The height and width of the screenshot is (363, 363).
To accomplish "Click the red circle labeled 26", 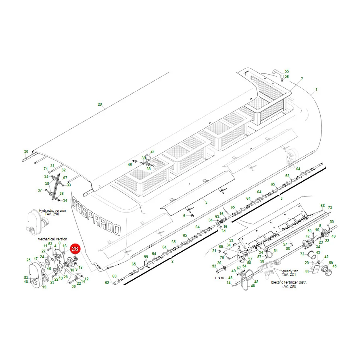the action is coord(75,249).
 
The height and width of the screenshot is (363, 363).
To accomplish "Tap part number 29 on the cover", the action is coord(100,104).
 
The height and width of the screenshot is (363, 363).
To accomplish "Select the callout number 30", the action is coord(26,152).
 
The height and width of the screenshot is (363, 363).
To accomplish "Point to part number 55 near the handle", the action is coord(287,71).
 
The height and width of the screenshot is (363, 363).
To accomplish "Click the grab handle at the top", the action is coord(278,74).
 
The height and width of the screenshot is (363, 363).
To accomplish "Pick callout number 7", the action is coord(302,79).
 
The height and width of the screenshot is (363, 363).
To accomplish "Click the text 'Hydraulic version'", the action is coord(52,211).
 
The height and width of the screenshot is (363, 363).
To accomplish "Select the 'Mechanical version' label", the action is coord(52,239).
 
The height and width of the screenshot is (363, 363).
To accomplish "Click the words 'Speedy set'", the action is coord(289,271).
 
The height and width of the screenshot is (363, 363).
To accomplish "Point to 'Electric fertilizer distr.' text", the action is coord(289,282).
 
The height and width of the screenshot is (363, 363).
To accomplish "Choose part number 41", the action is coord(152,152).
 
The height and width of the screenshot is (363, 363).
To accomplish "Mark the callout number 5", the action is coord(206,202).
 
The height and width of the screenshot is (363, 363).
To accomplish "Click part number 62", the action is coord(107,283).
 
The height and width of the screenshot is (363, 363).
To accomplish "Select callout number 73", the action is coord(330,208).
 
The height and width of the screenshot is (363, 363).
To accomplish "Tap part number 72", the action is coord(302,254).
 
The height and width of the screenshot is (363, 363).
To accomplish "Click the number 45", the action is coord(334,266).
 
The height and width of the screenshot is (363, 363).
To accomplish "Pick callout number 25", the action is coord(29,260).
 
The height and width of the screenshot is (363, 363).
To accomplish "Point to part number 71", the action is coord(46,169).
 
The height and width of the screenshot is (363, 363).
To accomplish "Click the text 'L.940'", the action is coord(220,278).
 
